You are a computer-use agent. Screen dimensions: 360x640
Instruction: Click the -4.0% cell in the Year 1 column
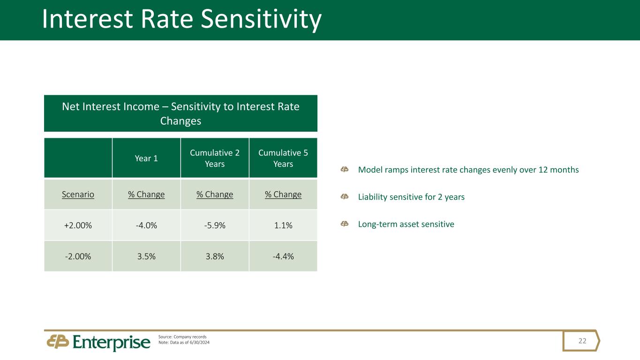[146, 225]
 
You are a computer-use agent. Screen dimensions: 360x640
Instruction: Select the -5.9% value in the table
[215, 225]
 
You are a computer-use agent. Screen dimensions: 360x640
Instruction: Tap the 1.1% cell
[283, 225]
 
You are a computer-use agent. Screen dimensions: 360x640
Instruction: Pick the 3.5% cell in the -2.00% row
[146, 256]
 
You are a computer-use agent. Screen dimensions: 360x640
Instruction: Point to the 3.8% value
[215, 256]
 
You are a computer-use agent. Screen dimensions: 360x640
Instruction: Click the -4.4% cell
[283, 256]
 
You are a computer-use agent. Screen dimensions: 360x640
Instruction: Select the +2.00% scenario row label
[78, 225]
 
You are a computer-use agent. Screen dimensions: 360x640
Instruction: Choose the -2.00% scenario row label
[78, 256]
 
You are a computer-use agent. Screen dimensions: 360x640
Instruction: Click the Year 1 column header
[146, 158]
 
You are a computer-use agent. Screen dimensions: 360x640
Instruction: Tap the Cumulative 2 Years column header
[215, 158]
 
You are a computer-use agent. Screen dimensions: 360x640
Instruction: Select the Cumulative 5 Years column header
[283, 158]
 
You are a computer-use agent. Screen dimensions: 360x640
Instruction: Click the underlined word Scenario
[78, 194]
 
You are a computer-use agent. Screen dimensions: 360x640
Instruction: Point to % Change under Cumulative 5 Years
[283, 194]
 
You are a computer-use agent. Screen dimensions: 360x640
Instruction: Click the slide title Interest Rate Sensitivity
[181, 20]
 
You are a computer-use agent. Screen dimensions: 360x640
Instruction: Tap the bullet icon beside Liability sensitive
[344, 197]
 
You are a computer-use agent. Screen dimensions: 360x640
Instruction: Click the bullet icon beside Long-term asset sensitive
[344, 224]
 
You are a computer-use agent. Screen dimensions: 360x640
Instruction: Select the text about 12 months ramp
[468, 170]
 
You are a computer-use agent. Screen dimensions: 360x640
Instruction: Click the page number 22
[582, 341]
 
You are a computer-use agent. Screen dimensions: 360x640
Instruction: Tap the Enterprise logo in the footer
[99, 342]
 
